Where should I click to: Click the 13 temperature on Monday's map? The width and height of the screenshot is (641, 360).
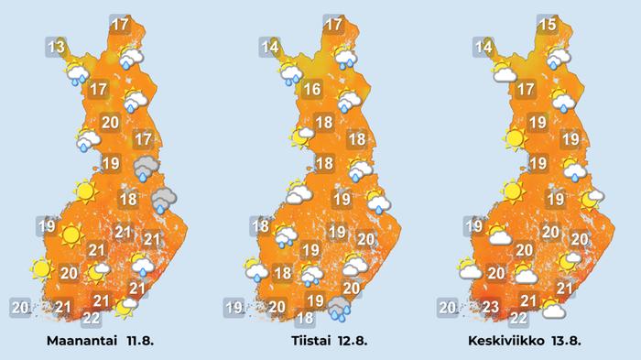(57, 46)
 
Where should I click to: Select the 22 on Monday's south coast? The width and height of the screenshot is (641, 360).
(92, 318)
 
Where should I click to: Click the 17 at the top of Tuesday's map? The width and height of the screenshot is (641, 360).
(334, 25)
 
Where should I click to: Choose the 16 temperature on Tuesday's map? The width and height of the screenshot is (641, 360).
(311, 90)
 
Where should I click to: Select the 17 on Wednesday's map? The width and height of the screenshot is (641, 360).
(526, 90)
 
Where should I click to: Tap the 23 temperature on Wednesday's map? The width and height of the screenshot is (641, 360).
(491, 307)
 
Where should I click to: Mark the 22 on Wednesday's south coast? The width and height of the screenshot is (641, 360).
(518, 318)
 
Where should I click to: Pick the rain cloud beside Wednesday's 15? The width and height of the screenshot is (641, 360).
(558, 57)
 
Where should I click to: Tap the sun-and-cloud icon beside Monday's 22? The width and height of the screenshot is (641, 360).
(123, 307)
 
